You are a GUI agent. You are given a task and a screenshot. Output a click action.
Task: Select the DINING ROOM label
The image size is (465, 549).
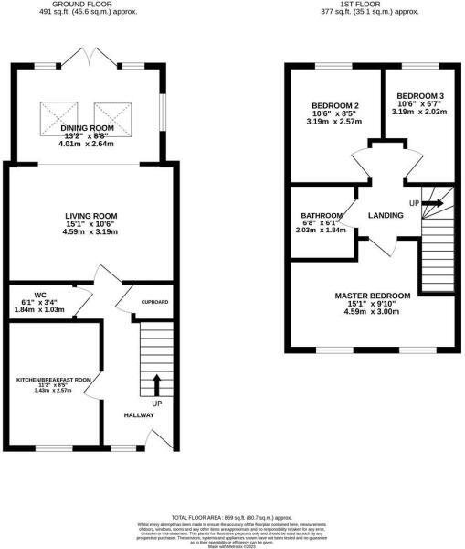pyautogui.click(x=88, y=128)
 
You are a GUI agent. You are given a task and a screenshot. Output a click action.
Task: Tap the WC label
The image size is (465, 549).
pyautogui.click(x=40, y=295)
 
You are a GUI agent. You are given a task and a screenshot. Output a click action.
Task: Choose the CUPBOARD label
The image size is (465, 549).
pyautogui.click(x=154, y=301)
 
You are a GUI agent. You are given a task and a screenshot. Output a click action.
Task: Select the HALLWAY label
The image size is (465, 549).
pyautogui.click(x=139, y=415)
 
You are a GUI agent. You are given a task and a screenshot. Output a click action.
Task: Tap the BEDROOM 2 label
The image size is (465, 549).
pyautogui.click(x=333, y=103)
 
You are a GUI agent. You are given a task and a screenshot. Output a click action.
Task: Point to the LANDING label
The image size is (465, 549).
pyautogui.click(x=386, y=216)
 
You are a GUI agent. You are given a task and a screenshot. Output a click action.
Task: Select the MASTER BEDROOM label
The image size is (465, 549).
pyautogui.click(x=372, y=296)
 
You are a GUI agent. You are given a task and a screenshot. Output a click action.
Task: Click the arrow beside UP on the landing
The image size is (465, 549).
pyautogui.click(x=433, y=202)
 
